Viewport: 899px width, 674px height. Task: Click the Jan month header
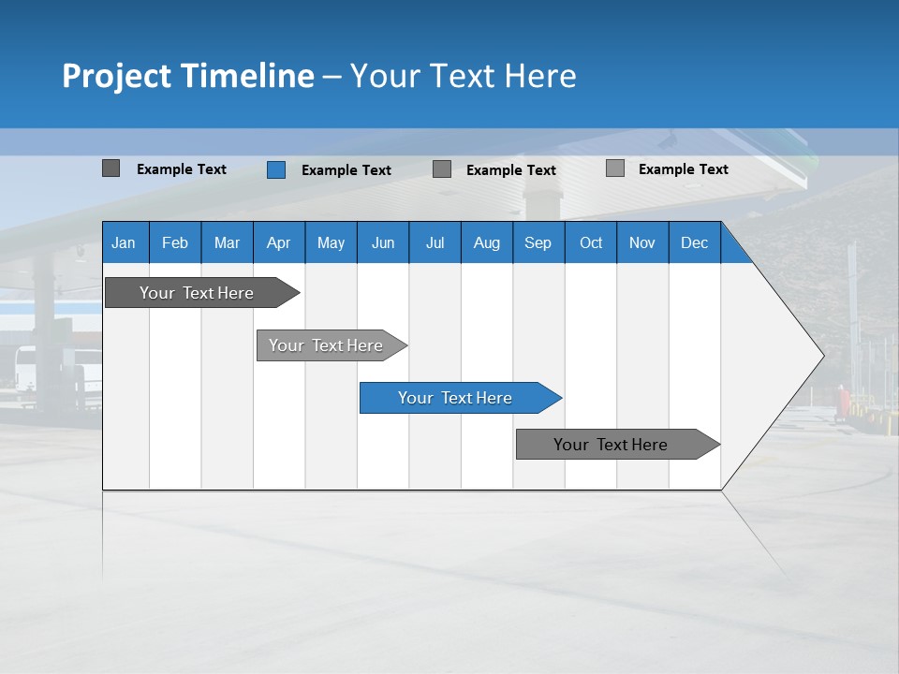pos(124,242)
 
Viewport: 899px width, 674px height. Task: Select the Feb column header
pos(175,242)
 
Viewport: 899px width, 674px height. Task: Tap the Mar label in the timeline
pos(227,242)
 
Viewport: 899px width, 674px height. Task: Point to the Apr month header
pos(279,242)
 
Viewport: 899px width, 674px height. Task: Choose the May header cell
pos(331,242)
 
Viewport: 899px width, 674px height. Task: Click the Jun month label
pos(383,242)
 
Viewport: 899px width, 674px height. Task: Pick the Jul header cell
pos(435,242)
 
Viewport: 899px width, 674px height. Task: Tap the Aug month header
pos(487,242)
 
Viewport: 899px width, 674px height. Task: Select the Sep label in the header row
pos(538,242)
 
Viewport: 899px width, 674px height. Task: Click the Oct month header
pos(591,242)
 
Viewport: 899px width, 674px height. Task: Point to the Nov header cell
pos(642,242)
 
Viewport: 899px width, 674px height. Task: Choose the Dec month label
pos(695,242)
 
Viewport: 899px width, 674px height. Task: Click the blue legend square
pos(276,169)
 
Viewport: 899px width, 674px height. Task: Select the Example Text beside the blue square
pos(346,170)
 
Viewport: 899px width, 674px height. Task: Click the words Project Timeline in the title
pos(188,76)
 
